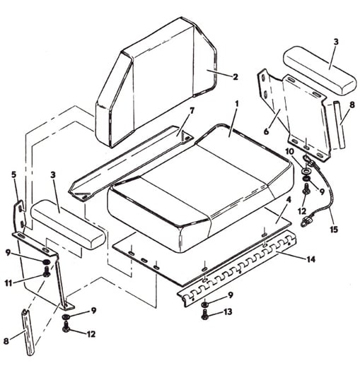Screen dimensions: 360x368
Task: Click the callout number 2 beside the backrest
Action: pyautogui.click(x=236, y=77)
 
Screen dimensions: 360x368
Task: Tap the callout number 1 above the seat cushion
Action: pyautogui.click(x=237, y=104)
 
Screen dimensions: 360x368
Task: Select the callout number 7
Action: pyautogui.click(x=192, y=111)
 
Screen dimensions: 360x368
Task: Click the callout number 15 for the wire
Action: pyautogui.click(x=334, y=229)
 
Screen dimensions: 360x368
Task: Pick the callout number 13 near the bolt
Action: pyautogui.click(x=228, y=312)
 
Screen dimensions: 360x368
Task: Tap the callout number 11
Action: pyautogui.click(x=8, y=283)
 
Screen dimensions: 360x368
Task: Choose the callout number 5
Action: pyautogui.click(x=14, y=174)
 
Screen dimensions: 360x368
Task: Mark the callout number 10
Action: pyautogui.click(x=290, y=152)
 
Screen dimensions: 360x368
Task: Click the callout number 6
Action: pyautogui.click(x=266, y=131)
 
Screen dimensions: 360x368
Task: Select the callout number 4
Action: pyautogui.click(x=289, y=200)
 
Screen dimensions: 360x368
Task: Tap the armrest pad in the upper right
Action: pyautogui.click(x=320, y=71)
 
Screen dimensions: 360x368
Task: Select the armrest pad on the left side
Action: pyautogui.click(x=68, y=224)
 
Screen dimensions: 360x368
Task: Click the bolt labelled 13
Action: pyautogui.click(x=205, y=314)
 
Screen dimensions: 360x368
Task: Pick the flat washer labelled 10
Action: pyautogui.click(x=306, y=170)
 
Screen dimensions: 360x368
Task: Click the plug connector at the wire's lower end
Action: pyautogui.click(x=305, y=221)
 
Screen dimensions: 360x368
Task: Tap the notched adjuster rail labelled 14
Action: pyautogui.click(x=236, y=268)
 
